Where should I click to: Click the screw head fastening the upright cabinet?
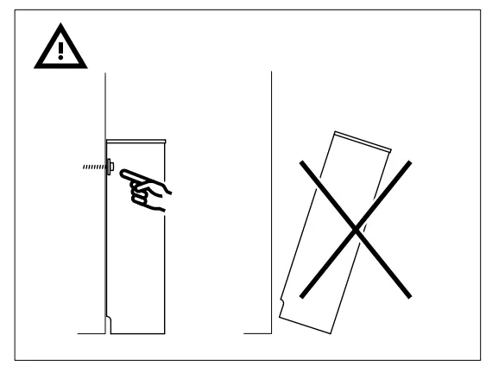(112, 168)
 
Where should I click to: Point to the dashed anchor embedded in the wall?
(91, 168)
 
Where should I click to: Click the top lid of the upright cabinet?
(136, 141)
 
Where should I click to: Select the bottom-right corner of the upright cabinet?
(164, 334)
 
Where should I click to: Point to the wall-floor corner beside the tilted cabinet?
(271, 333)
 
